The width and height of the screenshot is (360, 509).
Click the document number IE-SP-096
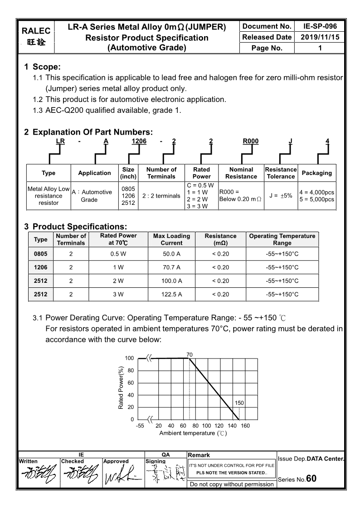click(x=320, y=26)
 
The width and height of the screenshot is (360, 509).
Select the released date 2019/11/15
click(x=320, y=37)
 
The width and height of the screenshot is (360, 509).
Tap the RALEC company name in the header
click(x=36, y=31)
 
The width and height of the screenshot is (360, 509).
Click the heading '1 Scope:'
click(x=42, y=67)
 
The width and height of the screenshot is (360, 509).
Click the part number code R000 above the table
click(x=251, y=141)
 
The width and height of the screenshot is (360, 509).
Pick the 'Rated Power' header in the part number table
click(x=201, y=173)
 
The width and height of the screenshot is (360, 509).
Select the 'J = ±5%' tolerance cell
click(x=281, y=195)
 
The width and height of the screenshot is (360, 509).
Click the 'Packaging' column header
click(x=316, y=173)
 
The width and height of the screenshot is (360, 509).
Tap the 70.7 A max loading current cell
click(x=171, y=267)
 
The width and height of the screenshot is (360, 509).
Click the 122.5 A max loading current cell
click(x=171, y=295)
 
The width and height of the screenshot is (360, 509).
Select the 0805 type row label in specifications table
click(x=41, y=254)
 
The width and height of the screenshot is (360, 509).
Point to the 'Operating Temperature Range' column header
click(x=282, y=239)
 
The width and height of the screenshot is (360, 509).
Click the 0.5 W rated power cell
click(x=118, y=254)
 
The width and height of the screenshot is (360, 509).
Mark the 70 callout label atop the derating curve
click(x=190, y=354)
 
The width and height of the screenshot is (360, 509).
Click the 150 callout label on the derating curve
click(x=239, y=403)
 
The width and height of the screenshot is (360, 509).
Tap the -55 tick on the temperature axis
click(x=140, y=426)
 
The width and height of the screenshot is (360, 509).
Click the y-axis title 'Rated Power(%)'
click(x=122, y=388)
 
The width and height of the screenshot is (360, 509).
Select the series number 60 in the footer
click(x=311, y=479)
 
